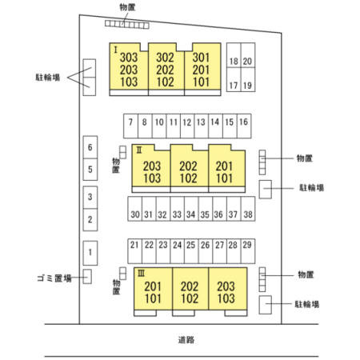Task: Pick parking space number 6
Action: [x=90, y=147]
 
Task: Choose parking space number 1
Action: [x=90, y=252]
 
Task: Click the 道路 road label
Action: [x=186, y=340]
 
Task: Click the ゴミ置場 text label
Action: [x=54, y=278]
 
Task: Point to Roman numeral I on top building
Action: [x=115, y=50]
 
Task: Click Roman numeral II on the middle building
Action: [x=139, y=150]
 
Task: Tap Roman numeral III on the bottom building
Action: [x=141, y=273]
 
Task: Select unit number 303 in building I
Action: [x=129, y=58]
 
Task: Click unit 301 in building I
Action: [x=202, y=58]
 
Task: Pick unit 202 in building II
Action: [x=189, y=166]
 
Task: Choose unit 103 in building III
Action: [x=226, y=298]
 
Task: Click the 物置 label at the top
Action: [x=127, y=7]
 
